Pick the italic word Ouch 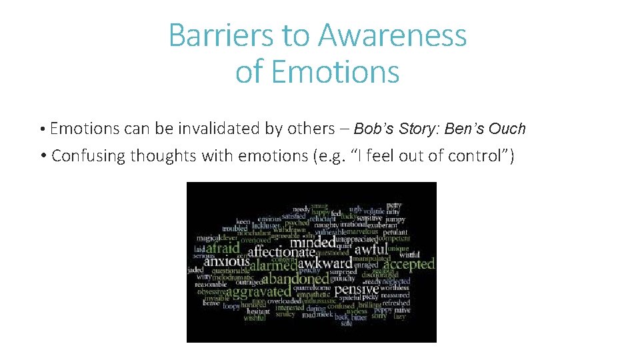tap(507, 129)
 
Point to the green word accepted tap(409, 264)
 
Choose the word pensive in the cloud tap(356, 290)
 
